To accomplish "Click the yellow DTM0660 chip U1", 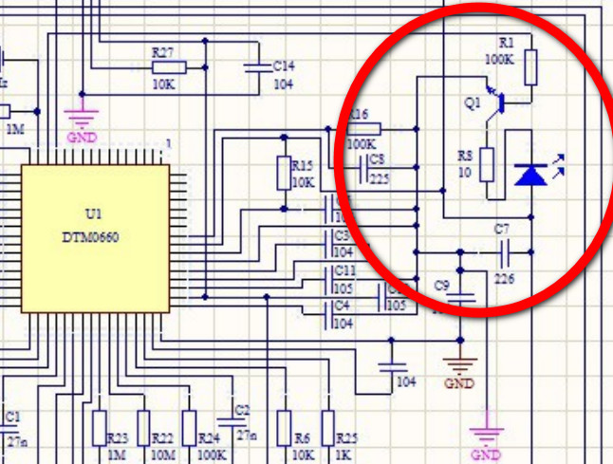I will pyautogui.click(x=95, y=237).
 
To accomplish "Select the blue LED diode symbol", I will pyautogui.click(x=529, y=174).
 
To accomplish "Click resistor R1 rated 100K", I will pyautogui.click(x=531, y=66).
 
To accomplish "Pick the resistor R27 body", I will pyautogui.click(x=168, y=66).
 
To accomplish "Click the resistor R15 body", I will pyautogui.click(x=283, y=172).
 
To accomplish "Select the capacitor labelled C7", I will pyautogui.click(x=503, y=251).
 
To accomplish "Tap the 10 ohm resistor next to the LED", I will pyautogui.click(x=487, y=164).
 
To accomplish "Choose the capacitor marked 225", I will pyautogui.click(x=365, y=171).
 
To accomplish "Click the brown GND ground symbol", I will pyautogui.click(x=460, y=363).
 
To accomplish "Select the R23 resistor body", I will pyautogui.click(x=100, y=428).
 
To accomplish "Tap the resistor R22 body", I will pyautogui.click(x=144, y=428).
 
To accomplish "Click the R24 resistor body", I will pyautogui.click(x=189, y=428).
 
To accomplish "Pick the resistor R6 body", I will pyautogui.click(x=283, y=428).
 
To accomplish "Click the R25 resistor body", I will pyautogui.click(x=327, y=428).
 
